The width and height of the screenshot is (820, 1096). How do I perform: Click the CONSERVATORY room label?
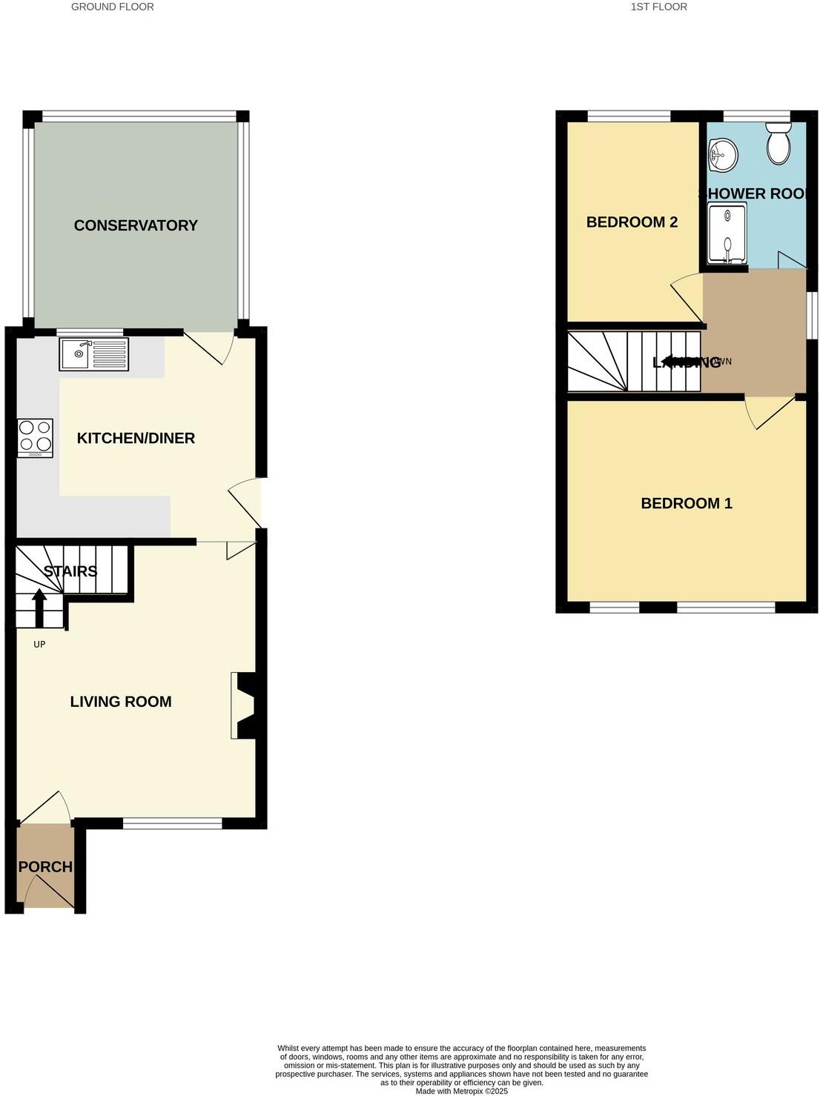tap(136, 225)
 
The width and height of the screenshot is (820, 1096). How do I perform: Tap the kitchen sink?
tap(94, 353)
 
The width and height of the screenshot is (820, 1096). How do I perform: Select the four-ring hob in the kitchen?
tap(36, 437)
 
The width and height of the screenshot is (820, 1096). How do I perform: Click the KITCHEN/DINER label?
tap(136, 438)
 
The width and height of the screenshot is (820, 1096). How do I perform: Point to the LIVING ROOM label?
tap(121, 702)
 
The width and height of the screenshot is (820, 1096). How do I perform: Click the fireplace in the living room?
tap(245, 705)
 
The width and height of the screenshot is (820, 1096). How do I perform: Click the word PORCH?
tap(45, 867)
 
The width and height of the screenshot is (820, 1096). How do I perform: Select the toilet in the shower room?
tap(778, 144)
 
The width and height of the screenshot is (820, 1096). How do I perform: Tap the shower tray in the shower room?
tap(727, 233)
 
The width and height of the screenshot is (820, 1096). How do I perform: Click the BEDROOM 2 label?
tap(632, 222)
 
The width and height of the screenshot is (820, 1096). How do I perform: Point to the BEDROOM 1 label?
tap(687, 504)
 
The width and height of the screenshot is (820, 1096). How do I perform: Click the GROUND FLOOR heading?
tap(113, 7)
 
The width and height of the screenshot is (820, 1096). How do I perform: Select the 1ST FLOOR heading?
tap(658, 7)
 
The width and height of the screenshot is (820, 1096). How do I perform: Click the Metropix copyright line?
tap(461, 1091)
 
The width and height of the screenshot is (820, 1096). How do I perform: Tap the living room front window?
tap(172, 823)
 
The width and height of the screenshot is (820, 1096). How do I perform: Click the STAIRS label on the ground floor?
tap(70, 571)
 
